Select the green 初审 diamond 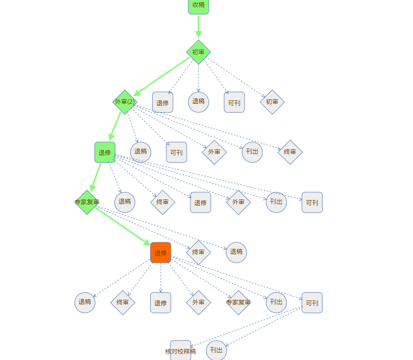pyautogui.click(x=198, y=52)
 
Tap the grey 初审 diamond pyautogui.click(x=272, y=102)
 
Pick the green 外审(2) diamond pyautogui.click(x=125, y=102)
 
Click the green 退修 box pyautogui.click(x=105, y=152)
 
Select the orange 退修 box pyautogui.click(x=161, y=253)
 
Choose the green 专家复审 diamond pyautogui.click(x=87, y=202)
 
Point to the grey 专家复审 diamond pyautogui.click(x=238, y=302)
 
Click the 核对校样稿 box pyautogui.click(x=180, y=350)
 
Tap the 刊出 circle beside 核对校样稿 pyautogui.click(x=216, y=350)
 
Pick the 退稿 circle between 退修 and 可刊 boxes pyautogui.click(x=198, y=102)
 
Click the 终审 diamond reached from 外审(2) pyautogui.click(x=290, y=152)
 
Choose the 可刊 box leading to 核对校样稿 pyautogui.click(x=312, y=302)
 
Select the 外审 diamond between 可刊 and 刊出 pyautogui.click(x=214, y=152)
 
